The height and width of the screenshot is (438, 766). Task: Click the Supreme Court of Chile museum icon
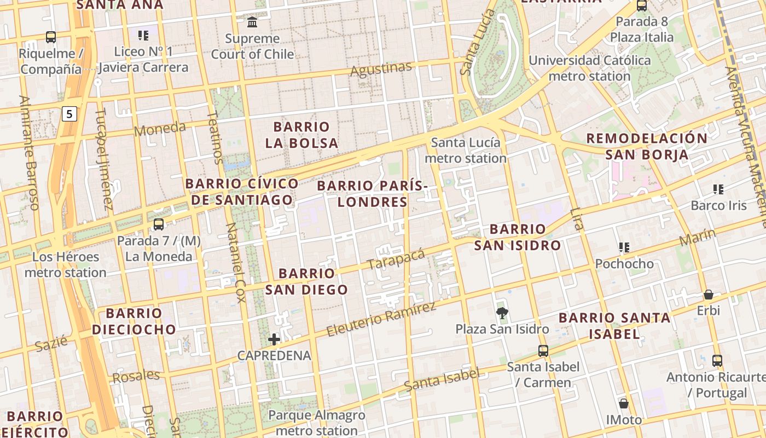[252, 22]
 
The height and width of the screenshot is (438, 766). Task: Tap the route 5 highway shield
[69, 114]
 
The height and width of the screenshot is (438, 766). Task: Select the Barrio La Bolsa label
[301, 135]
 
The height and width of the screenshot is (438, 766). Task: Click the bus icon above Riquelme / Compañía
[51, 37]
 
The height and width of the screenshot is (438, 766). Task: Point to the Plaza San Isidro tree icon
[501, 313]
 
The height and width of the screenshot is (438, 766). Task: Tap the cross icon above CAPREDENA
[274, 339]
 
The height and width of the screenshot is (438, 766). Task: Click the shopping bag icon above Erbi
[709, 295]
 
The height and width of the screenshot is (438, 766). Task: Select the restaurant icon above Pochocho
[624, 247]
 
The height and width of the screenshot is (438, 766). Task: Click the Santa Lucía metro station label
[466, 151]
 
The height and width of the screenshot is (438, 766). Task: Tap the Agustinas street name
[381, 70]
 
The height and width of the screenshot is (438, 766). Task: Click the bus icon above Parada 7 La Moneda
[159, 224]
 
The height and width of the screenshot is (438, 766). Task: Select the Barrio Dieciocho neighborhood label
[134, 321]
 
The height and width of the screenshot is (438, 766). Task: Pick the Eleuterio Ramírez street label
[381, 319]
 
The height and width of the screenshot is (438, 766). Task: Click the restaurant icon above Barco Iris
[718, 189]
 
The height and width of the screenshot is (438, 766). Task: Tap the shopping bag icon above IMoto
[624, 404]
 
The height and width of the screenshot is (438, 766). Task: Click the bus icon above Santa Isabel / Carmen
[543, 350]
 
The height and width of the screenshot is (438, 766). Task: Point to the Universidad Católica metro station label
[589, 68]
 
